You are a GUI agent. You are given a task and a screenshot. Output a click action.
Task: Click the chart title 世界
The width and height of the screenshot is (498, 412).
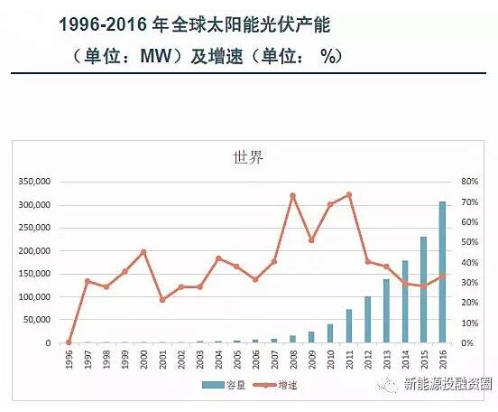click(248, 158)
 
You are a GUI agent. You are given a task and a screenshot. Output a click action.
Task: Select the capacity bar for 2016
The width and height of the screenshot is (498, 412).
click(442, 272)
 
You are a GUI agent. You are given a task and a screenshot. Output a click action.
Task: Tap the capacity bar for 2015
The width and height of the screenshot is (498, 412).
click(423, 290)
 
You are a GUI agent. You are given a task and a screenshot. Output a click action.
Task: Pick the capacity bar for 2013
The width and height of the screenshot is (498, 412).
click(386, 311)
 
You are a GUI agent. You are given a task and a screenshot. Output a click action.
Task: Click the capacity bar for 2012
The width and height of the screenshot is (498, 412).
click(367, 320)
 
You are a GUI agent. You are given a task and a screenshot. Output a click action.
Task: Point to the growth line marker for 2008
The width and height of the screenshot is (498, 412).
click(292, 195)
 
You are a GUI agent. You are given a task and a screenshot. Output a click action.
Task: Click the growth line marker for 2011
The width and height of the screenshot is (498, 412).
click(348, 194)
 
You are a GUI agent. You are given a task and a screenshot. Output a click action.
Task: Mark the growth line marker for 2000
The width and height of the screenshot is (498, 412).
click(143, 251)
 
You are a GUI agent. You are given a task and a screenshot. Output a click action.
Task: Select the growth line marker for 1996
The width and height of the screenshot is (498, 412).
click(69, 342)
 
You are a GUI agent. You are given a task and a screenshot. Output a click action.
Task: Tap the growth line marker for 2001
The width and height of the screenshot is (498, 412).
click(162, 299)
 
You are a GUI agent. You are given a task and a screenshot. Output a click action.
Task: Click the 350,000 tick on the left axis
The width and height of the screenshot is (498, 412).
click(33, 182)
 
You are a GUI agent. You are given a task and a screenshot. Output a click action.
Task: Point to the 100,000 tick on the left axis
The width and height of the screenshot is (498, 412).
click(33, 296)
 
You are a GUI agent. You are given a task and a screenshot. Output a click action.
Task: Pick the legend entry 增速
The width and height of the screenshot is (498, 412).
click(281, 385)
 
